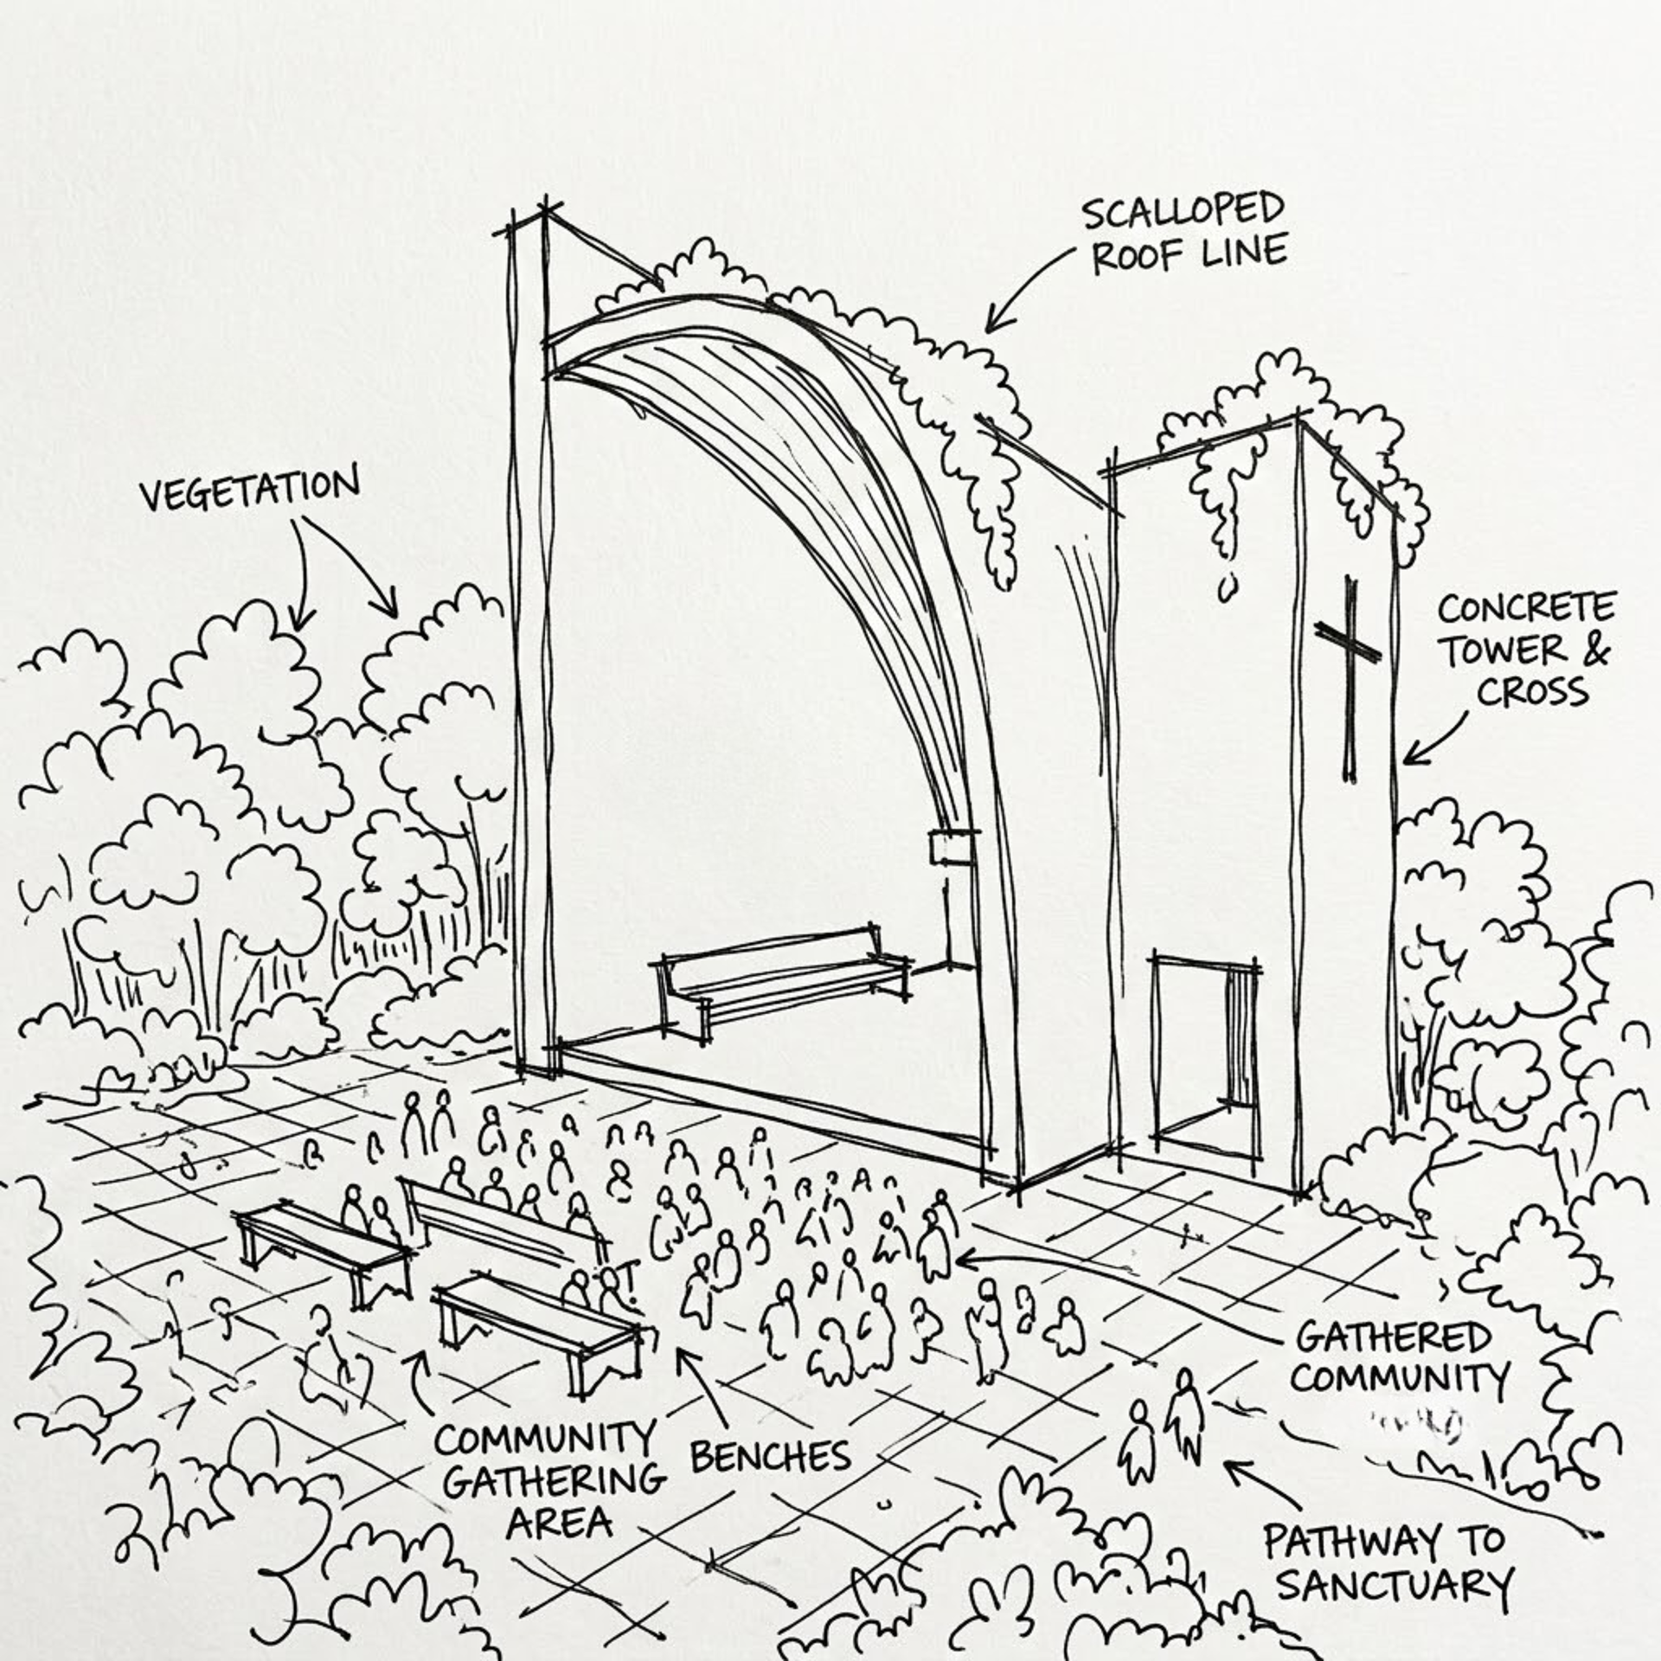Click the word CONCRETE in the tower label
coord(1526,608)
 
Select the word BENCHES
coord(770,1457)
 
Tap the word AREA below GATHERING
coord(559,1522)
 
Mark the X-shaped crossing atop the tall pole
coord(545,208)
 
